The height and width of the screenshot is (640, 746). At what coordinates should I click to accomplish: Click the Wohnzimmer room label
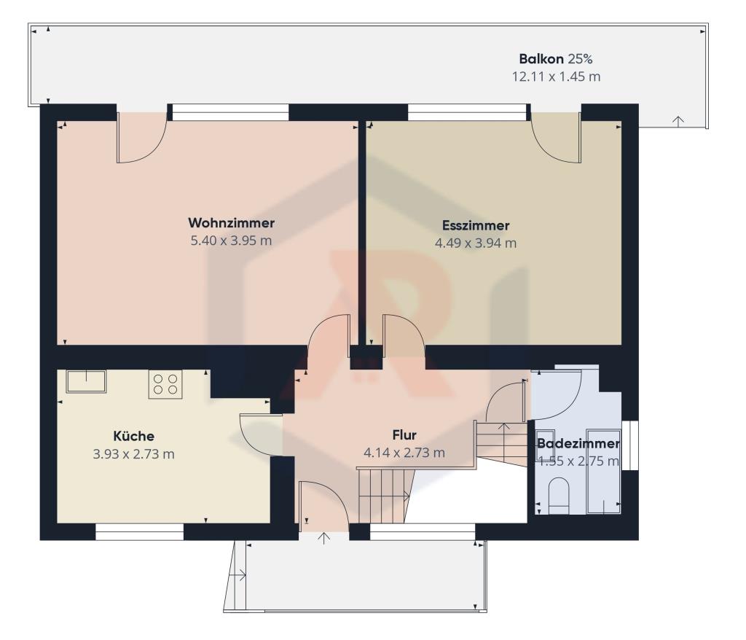point(231,222)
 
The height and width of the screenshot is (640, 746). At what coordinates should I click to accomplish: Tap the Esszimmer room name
point(476,225)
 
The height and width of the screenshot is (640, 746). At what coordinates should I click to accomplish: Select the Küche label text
point(134,436)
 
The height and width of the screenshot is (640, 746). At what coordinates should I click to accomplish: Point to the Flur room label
point(404,434)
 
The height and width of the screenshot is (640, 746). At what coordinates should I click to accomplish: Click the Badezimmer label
point(578,443)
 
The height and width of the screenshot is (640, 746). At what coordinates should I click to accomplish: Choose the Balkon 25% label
point(556,59)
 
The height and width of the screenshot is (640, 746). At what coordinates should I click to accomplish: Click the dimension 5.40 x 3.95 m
point(231,241)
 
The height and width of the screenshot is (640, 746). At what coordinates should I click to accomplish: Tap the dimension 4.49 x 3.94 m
point(476,243)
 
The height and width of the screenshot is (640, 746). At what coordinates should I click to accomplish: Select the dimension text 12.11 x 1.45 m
point(556,77)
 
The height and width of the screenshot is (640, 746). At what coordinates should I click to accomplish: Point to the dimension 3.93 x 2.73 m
point(134,454)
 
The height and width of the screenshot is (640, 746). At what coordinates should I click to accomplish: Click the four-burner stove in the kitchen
point(165,384)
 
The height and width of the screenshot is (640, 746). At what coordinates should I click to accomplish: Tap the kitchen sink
point(86,381)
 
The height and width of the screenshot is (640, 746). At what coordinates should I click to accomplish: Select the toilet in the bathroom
point(559,497)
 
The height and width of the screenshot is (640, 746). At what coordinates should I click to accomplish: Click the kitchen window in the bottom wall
point(139,532)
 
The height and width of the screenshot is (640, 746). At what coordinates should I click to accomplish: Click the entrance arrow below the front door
point(323,539)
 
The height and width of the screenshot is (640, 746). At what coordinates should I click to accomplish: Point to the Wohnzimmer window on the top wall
point(230,112)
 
